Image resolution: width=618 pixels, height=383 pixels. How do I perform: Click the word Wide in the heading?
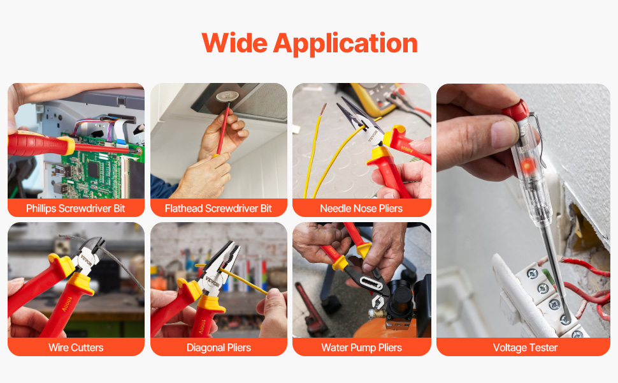234,43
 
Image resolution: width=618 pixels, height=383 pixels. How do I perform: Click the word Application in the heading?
345,44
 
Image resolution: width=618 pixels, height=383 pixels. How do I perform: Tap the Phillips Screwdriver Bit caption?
76,209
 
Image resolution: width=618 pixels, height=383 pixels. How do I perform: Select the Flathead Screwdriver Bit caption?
219,209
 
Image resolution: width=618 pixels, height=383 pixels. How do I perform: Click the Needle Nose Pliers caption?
361,209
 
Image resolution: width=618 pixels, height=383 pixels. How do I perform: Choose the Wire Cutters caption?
76,347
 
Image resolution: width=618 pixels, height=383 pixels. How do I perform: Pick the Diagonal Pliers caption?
219,347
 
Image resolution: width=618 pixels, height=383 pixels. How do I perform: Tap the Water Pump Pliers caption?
361,347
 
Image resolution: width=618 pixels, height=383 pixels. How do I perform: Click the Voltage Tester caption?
525,347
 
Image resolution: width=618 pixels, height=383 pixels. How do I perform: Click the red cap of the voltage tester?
515,110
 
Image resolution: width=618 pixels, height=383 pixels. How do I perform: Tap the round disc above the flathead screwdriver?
227,97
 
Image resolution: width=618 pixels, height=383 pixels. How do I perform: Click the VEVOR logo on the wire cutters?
86,260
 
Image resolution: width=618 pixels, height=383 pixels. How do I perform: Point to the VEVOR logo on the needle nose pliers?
373,136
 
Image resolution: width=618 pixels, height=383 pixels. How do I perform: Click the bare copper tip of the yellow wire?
323,109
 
